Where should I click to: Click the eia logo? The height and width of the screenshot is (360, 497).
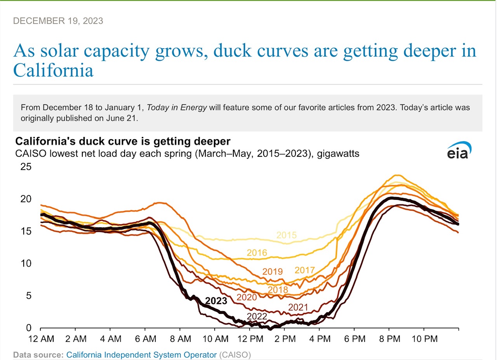[459, 150]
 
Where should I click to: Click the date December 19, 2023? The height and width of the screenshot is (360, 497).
[58, 21]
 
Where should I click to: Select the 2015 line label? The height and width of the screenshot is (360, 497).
[287, 235]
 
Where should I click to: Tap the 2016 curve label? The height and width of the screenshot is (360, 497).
[257, 253]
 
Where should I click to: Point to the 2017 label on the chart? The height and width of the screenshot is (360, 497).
[305, 270]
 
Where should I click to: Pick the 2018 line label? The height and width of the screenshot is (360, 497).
[278, 290]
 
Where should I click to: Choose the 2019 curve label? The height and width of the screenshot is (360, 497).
[273, 272]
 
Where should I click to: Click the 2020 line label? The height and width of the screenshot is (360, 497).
[247, 298]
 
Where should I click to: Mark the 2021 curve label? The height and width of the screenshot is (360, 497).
[298, 308]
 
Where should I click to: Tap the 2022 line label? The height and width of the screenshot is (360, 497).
[257, 317]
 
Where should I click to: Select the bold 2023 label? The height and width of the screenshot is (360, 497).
[216, 301]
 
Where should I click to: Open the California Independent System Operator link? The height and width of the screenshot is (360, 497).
[141, 354]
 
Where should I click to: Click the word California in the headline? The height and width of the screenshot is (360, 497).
[53, 71]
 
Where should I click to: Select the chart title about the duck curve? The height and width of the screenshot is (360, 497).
[123, 141]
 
